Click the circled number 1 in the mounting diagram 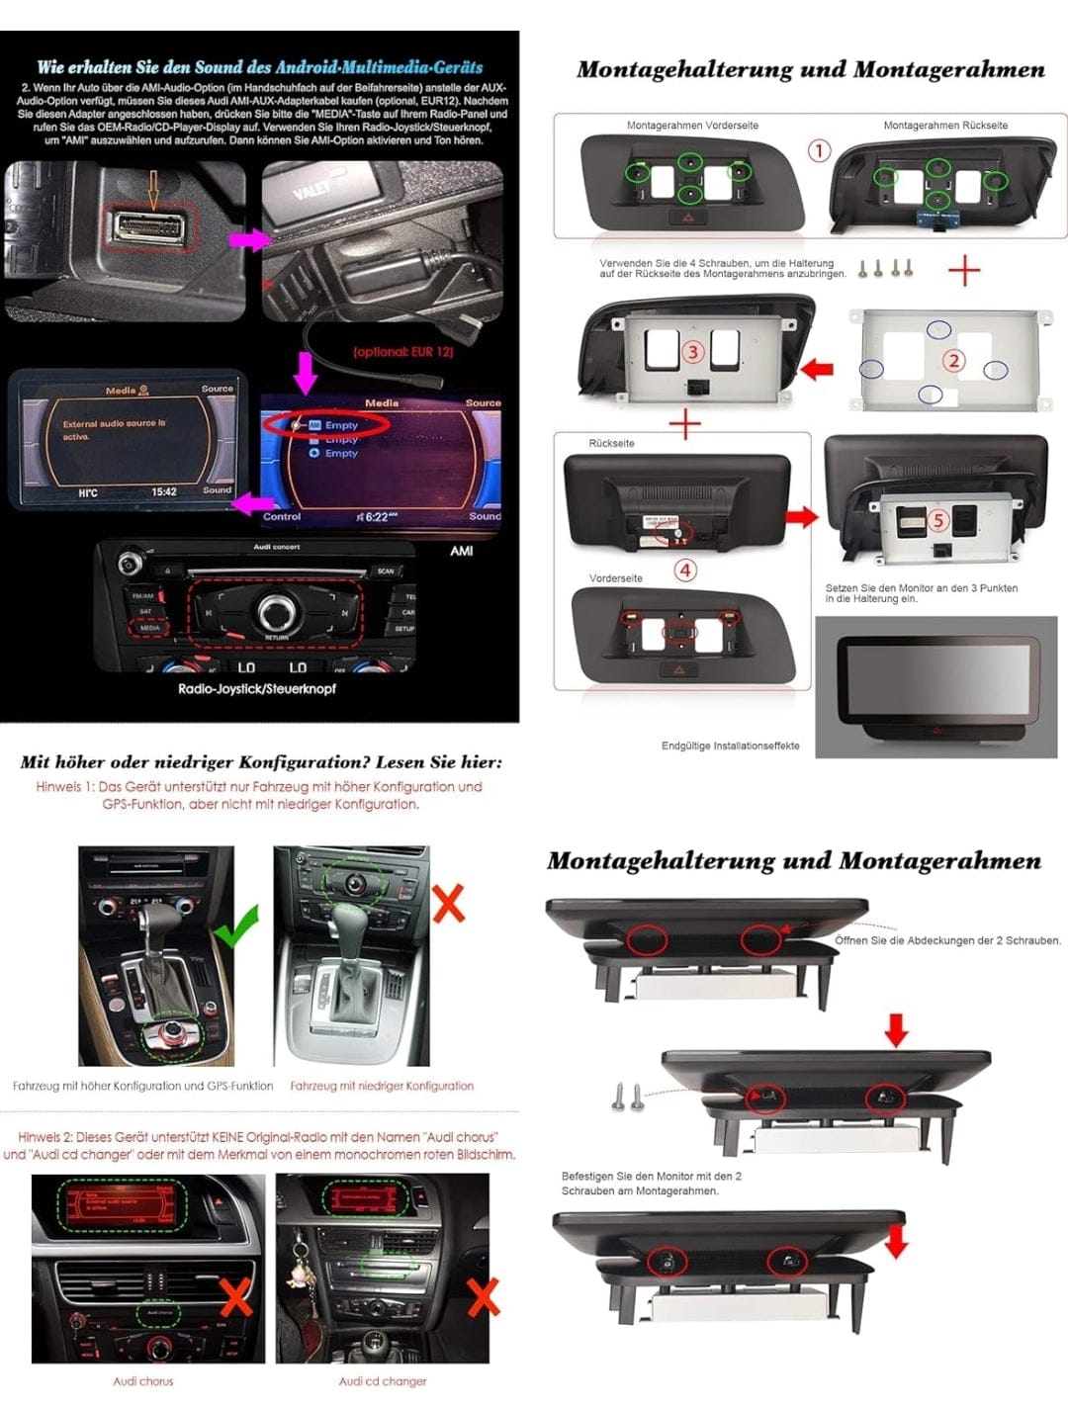click(819, 151)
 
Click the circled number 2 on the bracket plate click(953, 361)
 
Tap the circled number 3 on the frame click(692, 352)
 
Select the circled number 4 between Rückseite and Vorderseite click(684, 570)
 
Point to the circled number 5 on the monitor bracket click(937, 519)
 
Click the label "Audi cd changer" click(383, 1381)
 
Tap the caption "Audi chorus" click(143, 1381)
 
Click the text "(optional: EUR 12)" click(403, 352)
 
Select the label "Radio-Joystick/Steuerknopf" click(257, 689)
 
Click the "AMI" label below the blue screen click(462, 551)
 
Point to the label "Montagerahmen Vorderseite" click(692, 126)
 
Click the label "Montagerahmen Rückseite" click(945, 126)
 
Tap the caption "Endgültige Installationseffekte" click(730, 746)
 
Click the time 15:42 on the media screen click(164, 491)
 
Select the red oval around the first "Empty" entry click(325, 425)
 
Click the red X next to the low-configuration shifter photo click(448, 903)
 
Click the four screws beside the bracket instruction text click(885, 268)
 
